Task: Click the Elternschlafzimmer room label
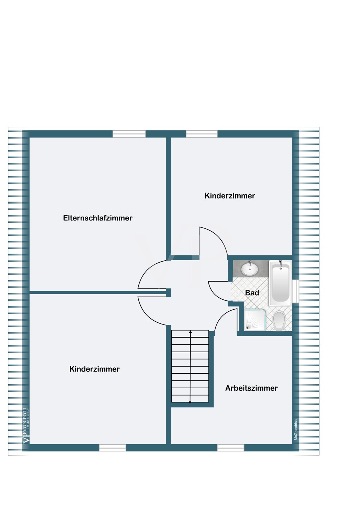(x=98, y=218)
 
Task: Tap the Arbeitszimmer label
(x=251, y=388)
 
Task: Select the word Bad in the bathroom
(x=252, y=293)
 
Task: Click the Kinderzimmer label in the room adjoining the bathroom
(x=230, y=196)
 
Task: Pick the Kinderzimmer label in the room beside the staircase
(x=94, y=369)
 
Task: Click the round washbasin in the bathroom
(x=250, y=269)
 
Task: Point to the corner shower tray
(x=255, y=320)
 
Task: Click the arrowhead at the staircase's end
(x=190, y=332)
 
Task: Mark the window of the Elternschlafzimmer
(x=129, y=134)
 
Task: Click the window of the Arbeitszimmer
(x=230, y=448)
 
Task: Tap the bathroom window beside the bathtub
(x=295, y=291)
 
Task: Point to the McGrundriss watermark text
(x=296, y=430)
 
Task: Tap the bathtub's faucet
(x=281, y=263)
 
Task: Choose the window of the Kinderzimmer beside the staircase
(x=113, y=448)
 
